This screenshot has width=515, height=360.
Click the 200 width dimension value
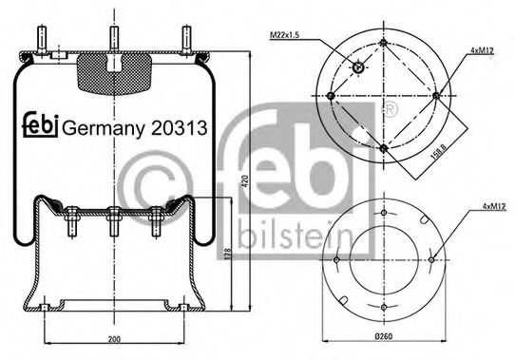113,338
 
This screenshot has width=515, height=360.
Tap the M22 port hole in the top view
358,66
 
